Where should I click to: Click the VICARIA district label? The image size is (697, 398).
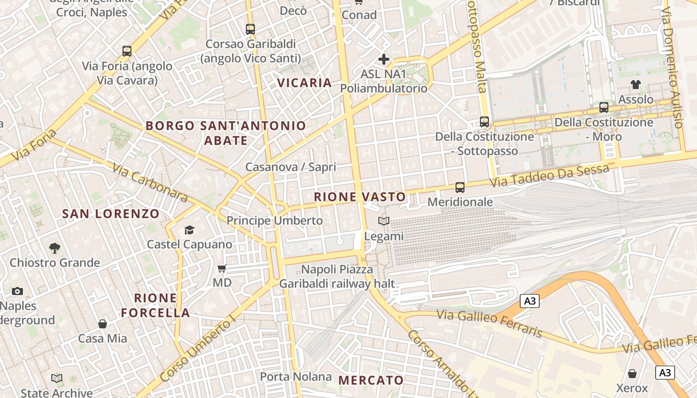[x=304, y=83]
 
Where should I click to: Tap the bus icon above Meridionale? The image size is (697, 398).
[x=460, y=188]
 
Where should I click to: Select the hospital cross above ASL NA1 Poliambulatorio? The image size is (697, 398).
[x=383, y=59]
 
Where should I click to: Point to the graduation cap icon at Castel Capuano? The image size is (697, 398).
[x=189, y=230]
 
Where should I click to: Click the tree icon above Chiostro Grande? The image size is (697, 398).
[x=55, y=248]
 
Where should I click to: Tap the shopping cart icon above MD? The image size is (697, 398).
[x=222, y=268]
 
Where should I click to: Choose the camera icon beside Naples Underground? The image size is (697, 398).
[x=17, y=291]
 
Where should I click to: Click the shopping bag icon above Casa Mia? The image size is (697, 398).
[x=103, y=324]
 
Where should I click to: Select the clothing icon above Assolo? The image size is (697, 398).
[x=636, y=85]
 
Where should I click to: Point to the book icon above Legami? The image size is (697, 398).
[x=384, y=221]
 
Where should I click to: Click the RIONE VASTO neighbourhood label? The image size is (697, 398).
[x=360, y=197]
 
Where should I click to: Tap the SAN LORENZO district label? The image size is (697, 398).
[x=111, y=214]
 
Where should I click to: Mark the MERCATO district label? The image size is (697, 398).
[x=371, y=381]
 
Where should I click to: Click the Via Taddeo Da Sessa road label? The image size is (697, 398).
[x=549, y=176]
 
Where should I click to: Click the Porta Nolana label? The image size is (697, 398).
[x=296, y=377]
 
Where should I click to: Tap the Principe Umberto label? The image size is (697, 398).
[x=274, y=220]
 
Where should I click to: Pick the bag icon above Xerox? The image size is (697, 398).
[x=632, y=373]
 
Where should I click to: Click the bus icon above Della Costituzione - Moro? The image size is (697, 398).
[x=604, y=107]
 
